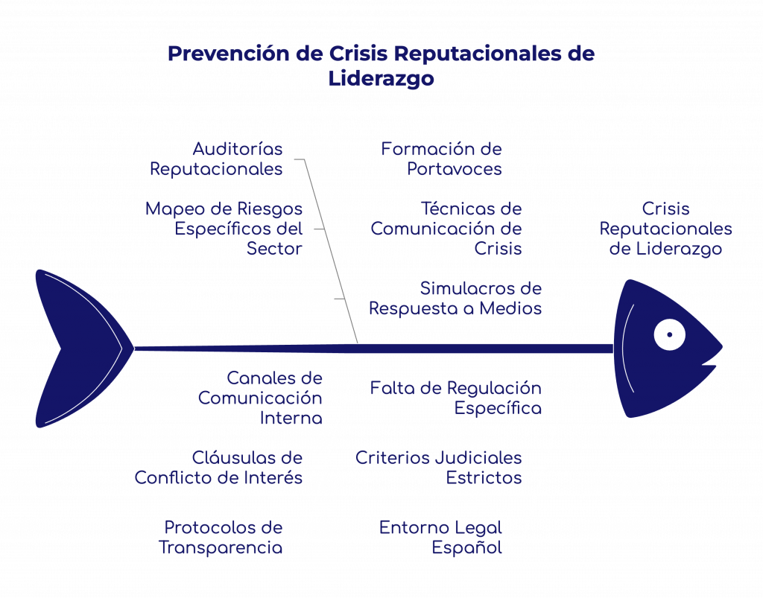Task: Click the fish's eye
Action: (x=669, y=334)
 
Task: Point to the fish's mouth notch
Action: (x=712, y=365)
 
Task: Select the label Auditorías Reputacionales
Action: (x=216, y=159)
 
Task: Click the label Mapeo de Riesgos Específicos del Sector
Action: (x=224, y=229)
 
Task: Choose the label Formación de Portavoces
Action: (x=442, y=159)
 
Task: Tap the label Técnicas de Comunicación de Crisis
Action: (x=446, y=229)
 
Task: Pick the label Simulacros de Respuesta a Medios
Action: (x=455, y=298)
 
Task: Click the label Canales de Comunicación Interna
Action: (x=260, y=398)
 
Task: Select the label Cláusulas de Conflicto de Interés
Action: (x=218, y=468)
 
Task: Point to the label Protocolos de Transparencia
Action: (x=221, y=538)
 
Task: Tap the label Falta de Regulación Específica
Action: (x=456, y=398)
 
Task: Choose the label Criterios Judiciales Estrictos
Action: (x=438, y=468)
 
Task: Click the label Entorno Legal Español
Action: (x=440, y=538)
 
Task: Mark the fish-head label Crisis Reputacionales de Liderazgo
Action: (x=665, y=229)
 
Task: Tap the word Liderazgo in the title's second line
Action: (x=381, y=78)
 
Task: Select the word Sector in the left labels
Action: (x=275, y=249)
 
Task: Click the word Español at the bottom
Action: (x=466, y=548)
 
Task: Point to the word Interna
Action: (x=291, y=419)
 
